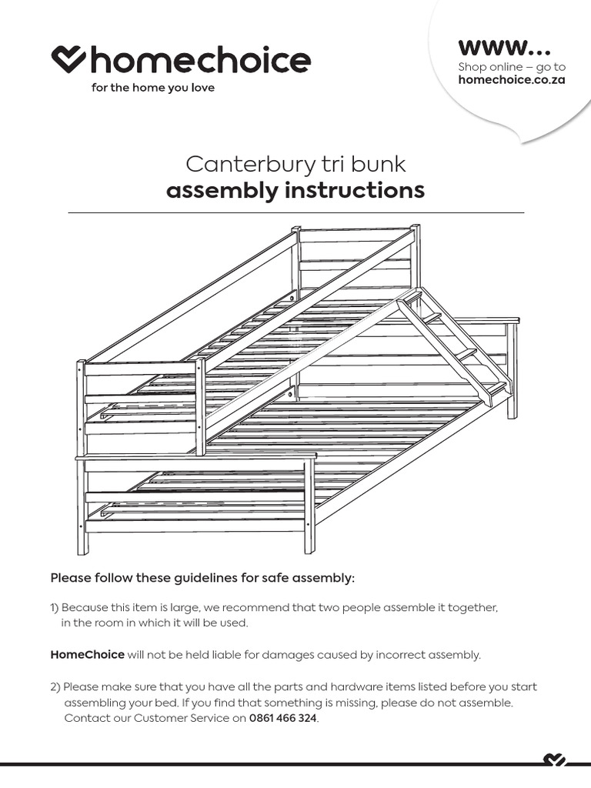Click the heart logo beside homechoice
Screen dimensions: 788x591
(x=68, y=59)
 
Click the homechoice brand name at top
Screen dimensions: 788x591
(x=201, y=60)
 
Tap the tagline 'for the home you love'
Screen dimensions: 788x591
(x=153, y=88)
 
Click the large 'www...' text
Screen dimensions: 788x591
(x=504, y=47)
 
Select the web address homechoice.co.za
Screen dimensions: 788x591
(x=512, y=80)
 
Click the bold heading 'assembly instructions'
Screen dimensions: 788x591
(x=295, y=190)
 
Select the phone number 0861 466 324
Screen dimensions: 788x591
(x=282, y=718)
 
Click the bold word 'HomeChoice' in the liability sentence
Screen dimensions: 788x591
(x=87, y=655)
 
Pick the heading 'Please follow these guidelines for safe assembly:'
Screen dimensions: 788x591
(x=202, y=578)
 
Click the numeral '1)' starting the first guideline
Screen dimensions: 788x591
(x=55, y=608)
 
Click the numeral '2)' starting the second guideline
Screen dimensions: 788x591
(x=56, y=686)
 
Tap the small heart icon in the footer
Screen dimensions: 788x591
(x=554, y=761)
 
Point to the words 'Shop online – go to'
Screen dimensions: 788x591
(x=512, y=67)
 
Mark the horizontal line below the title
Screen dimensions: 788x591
(x=295, y=212)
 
